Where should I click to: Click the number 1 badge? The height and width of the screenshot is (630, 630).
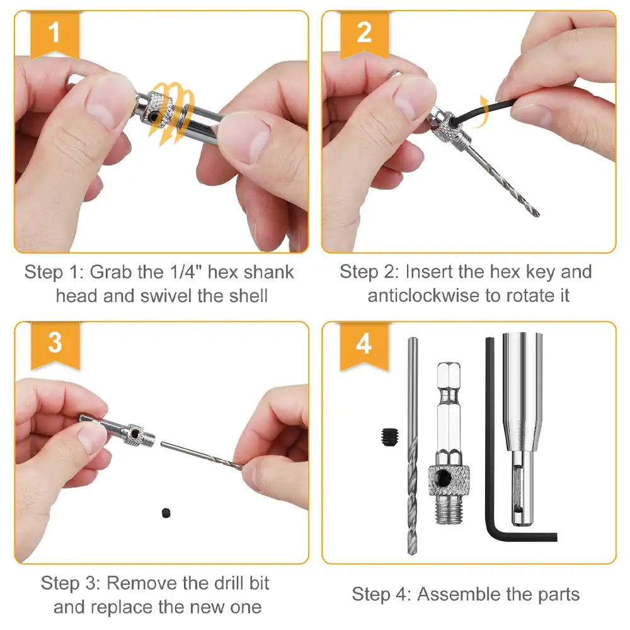55,31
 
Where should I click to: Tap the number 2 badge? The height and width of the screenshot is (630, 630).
364,31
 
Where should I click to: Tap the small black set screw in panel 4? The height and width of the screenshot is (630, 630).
389,435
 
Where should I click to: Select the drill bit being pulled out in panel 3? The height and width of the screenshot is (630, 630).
202,455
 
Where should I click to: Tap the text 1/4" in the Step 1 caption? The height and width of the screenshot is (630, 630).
190,272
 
